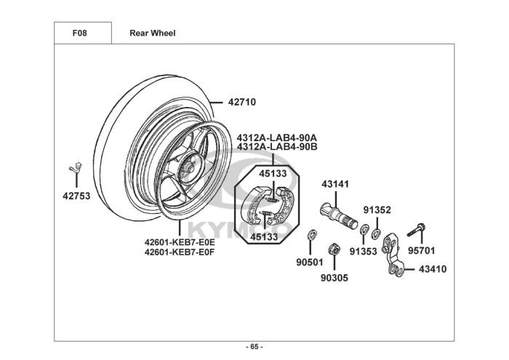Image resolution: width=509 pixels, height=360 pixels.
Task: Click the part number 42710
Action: click(242, 103)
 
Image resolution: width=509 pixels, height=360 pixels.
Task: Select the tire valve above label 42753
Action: click(76, 168)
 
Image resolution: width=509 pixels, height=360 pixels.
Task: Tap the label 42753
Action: click(76, 196)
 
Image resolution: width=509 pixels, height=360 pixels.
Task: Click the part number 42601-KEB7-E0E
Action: click(180, 242)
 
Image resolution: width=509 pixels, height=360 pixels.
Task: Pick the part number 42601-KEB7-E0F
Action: click(180, 252)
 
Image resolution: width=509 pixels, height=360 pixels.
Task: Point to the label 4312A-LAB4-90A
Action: click(277, 137)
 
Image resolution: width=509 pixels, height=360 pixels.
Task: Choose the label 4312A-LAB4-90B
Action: click(277, 147)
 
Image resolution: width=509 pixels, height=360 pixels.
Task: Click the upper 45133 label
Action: click(273, 174)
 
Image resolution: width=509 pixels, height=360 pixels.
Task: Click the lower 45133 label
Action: click(264, 237)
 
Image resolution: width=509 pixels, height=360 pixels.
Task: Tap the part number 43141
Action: click(335, 184)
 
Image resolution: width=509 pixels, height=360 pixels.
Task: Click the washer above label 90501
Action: click(312, 233)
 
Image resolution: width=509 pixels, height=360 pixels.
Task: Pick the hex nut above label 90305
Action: click(334, 249)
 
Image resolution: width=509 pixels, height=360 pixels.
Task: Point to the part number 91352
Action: click(377, 210)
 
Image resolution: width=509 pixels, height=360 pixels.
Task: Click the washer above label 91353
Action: click(364, 228)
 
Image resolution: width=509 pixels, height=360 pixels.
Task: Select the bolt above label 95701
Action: click(417, 230)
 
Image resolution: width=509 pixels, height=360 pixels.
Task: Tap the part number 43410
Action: click(433, 269)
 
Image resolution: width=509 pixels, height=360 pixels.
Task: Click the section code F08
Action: click(79, 33)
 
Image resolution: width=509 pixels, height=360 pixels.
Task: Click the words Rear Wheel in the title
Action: click(153, 33)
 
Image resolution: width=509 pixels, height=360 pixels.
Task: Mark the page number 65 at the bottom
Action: click(254, 347)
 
